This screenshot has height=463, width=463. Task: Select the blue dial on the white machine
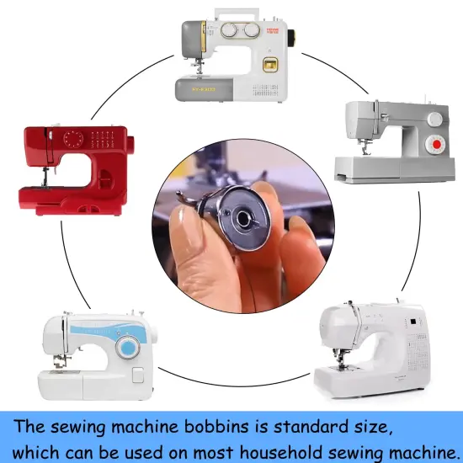tap(128, 348)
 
